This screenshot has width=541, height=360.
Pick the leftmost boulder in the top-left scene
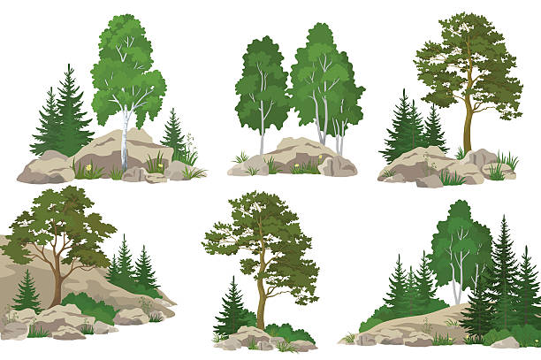click(x=42, y=168)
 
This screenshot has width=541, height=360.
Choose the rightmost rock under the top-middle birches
click(x=339, y=165)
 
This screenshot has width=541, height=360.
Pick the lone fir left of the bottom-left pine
click(x=27, y=292)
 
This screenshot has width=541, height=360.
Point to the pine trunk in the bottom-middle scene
click(x=262, y=301)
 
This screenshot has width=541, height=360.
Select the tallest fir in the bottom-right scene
click(x=504, y=274)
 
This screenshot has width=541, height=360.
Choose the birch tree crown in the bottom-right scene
click(x=460, y=234)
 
